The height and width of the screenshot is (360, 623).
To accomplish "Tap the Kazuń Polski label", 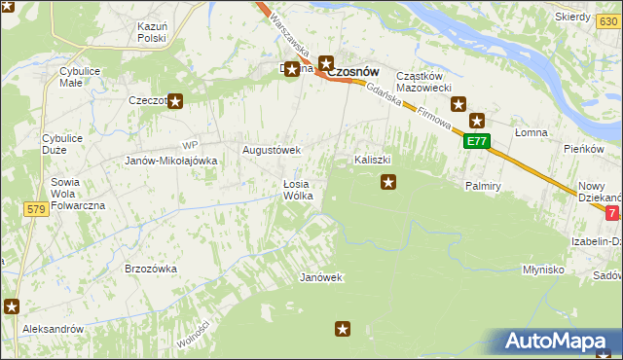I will pyautogui.click(x=152, y=31).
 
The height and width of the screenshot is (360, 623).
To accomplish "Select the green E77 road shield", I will pyautogui.click(x=476, y=142).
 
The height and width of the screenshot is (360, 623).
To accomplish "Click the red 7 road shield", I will pyautogui.click(x=611, y=212).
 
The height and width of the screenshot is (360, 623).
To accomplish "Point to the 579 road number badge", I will pyautogui.click(x=37, y=209).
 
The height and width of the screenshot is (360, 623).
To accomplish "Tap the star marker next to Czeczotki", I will pyautogui.click(x=175, y=99).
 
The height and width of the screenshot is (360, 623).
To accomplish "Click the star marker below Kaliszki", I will pyautogui.click(x=388, y=180).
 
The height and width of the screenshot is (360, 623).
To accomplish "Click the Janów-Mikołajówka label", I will pyautogui.click(x=169, y=161).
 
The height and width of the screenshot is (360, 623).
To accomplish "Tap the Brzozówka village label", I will pyautogui.click(x=150, y=269).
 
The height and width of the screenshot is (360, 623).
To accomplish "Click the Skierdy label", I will pyautogui.click(x=572, y=18).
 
